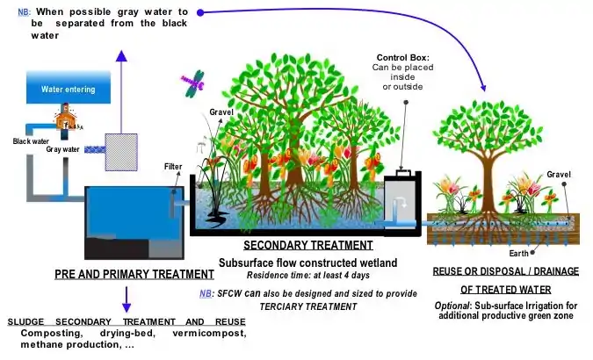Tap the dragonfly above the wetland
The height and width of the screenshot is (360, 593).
point(194,83)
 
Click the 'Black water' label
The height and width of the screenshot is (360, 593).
point(31,141)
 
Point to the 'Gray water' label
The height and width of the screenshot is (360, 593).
point(62,149)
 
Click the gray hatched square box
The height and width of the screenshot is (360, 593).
point(121,152)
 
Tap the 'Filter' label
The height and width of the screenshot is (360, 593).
point(173,166)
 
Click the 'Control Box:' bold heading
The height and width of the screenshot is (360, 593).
point(402,58)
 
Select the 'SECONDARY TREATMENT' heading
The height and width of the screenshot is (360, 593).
point(308,246)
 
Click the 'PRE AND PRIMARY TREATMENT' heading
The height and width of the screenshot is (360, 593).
point(134,274)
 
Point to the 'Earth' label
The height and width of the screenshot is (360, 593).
point(518,254)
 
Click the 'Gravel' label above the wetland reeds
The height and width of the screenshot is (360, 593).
point(221,112)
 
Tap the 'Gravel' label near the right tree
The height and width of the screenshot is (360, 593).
point(559,175)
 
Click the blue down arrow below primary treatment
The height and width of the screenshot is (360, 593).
point(127,299)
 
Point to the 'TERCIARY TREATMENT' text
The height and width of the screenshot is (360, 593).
point(308,306)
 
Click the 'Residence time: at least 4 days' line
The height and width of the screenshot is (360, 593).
point(308,276)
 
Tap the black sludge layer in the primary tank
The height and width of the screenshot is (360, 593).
point(117,248)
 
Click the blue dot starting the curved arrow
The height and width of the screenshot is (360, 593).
point(200,13)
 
